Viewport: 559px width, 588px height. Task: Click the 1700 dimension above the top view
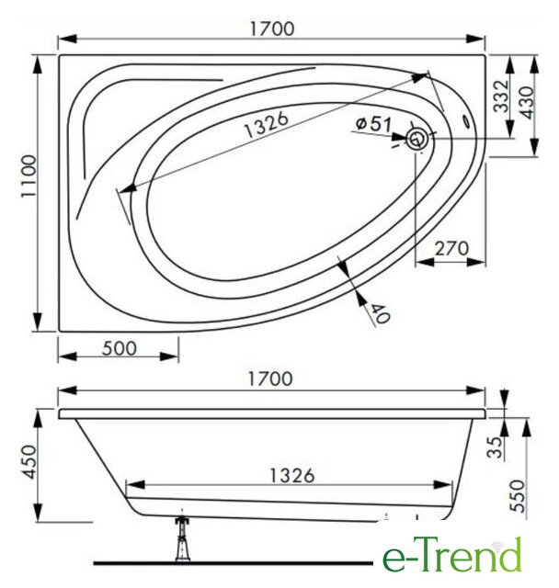point(272,28)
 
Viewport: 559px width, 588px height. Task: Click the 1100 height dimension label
point(29,176)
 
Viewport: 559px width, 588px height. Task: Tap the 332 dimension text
point(501,96)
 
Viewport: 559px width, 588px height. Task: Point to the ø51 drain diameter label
point(373,123)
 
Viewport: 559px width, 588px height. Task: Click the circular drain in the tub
point(416,139)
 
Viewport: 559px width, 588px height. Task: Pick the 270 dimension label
point(451,248)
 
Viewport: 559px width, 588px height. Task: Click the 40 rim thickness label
point(380,312)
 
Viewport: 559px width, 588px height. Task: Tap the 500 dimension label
point(120,348)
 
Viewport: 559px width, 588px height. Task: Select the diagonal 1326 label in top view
point(267,124)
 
